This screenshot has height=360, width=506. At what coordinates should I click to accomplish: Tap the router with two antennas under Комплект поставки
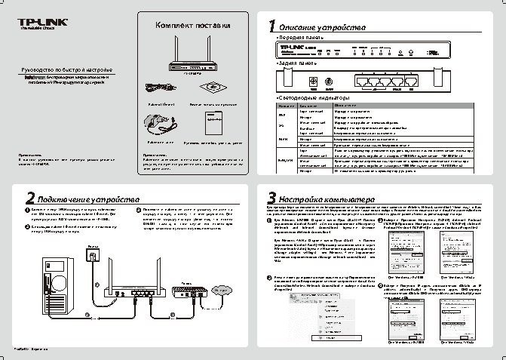point(185,59)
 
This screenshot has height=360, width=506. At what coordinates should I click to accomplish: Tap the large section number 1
point(273,26)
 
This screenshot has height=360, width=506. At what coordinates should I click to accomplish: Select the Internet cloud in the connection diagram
point(222,268)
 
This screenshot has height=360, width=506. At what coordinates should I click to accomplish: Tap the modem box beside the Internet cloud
point(184,272)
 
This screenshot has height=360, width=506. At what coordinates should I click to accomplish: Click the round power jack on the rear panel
point(329,81)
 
